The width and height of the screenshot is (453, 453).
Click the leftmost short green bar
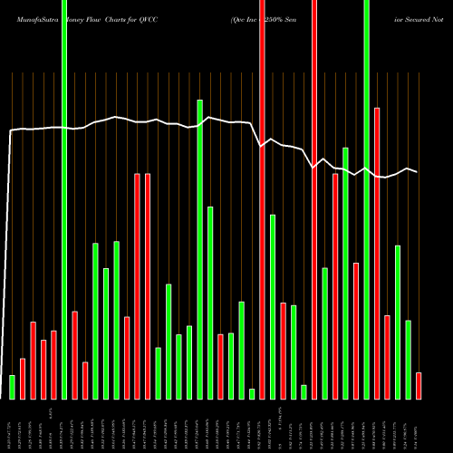(x=13, y=387)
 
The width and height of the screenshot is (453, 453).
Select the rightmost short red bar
(x=419, y=385)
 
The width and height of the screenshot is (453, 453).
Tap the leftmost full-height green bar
(x=64, y=199)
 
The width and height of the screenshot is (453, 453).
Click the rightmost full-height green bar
(x=366, y=199)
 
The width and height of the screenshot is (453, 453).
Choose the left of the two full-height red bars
(x=262, y=199)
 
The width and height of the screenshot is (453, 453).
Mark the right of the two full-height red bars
(x=314, y=199)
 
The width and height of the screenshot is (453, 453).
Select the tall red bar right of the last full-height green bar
(x=377, y=253)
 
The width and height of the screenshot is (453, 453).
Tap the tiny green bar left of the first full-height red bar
(x=252, y=393)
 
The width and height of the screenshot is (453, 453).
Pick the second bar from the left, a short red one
(x=23, y=379)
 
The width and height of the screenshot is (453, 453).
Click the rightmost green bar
(x=408, y=360)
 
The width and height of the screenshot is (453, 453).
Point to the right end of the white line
(x=418, y=172)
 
